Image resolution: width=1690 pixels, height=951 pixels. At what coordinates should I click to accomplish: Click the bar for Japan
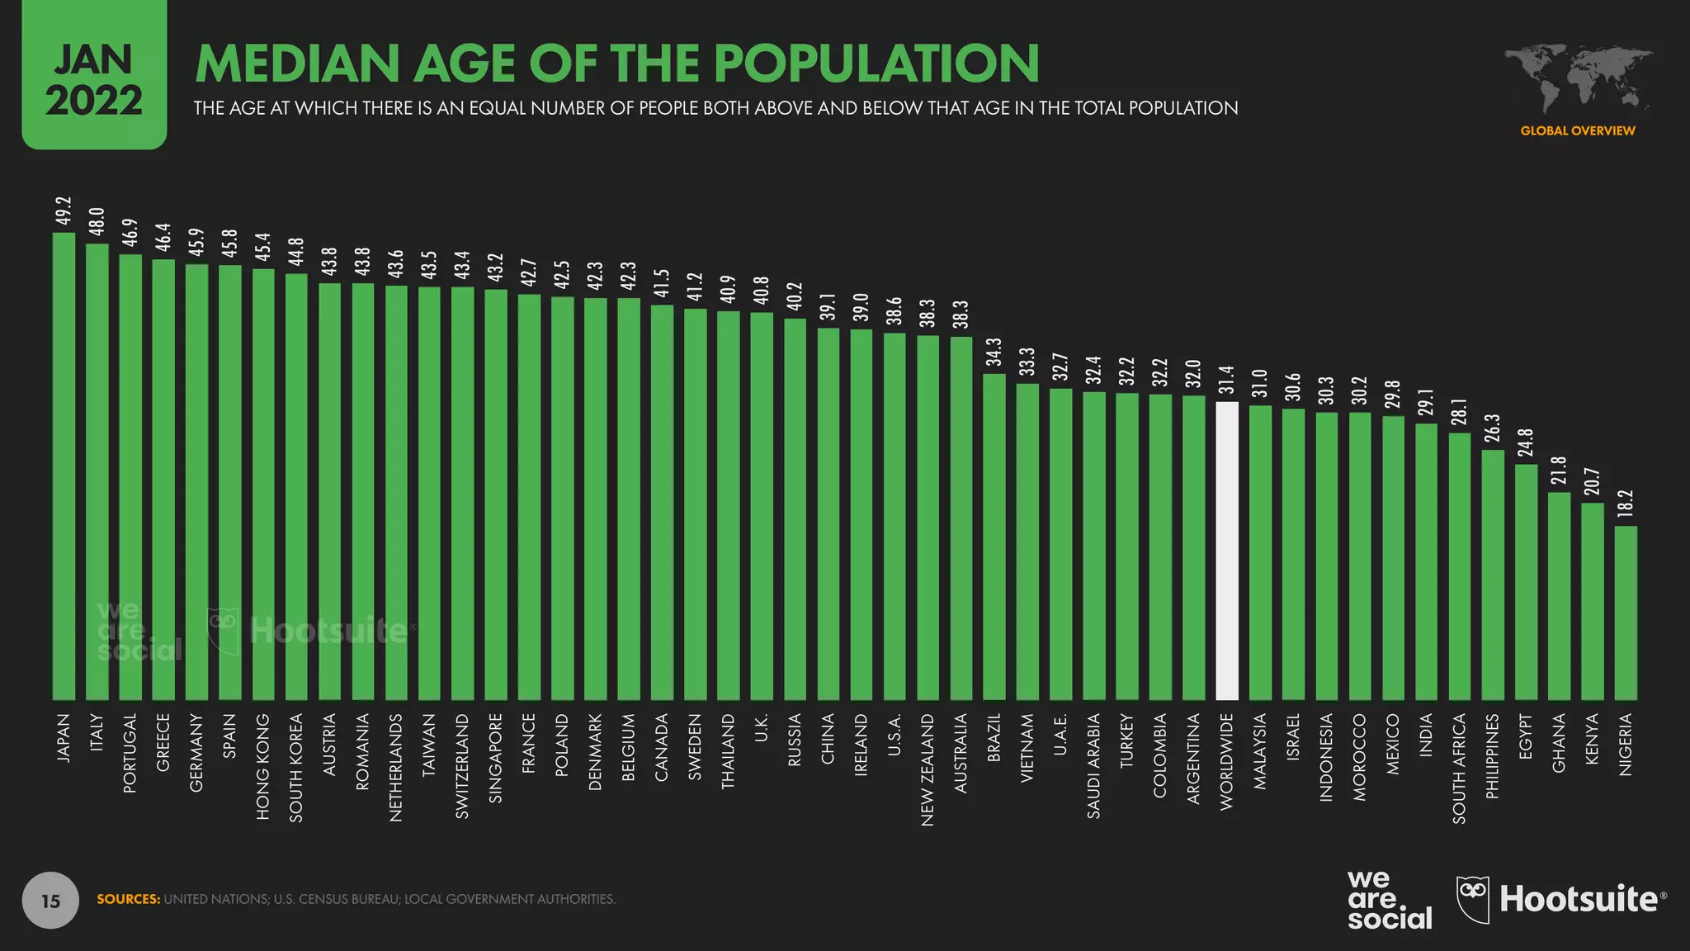point(64,466)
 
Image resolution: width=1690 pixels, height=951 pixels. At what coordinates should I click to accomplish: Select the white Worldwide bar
point(1227,551)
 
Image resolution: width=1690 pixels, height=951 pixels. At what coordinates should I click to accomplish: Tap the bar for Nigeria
point(1626,613)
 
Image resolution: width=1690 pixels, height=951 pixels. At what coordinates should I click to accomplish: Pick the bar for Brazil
point(994,537)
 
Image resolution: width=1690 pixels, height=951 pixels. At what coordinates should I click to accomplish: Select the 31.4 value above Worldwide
point(1227,381)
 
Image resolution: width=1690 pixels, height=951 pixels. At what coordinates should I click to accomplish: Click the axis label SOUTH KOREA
point(296,768)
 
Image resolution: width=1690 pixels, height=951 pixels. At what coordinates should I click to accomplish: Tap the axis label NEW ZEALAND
point(928,769)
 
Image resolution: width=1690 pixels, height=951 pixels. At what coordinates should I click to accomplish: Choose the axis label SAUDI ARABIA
point(1094,766)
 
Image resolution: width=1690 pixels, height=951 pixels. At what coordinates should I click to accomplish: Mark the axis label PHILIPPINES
point(1493,756)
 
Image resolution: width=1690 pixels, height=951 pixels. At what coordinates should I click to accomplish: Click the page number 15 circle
point(50,900)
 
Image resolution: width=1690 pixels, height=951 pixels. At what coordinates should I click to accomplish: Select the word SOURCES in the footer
point(129,899)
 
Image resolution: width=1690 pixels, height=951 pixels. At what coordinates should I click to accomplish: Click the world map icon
point(1578,79)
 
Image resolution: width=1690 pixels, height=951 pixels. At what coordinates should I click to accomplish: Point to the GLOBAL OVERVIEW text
point(1578,130)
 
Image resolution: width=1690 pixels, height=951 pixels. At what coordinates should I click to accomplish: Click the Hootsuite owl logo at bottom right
point(1473,899)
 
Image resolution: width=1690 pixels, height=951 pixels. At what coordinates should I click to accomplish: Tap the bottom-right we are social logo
point(1389,900)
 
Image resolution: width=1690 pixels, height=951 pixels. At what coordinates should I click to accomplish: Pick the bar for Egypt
point(1526,582)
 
